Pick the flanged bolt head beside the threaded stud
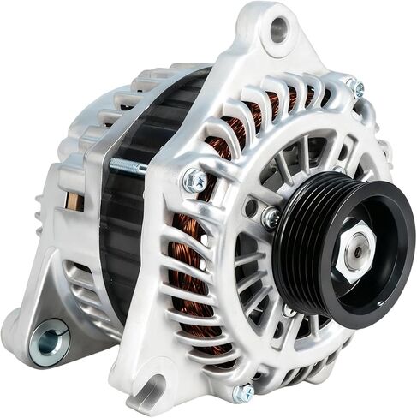click(195, 181)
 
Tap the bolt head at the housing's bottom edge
click(244, 393)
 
